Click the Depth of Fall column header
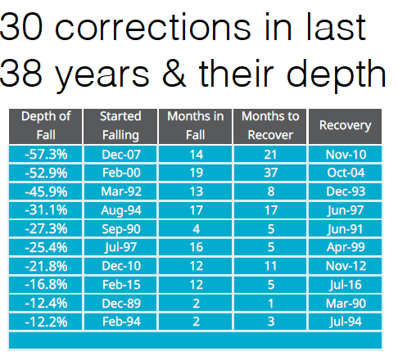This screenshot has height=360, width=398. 46,126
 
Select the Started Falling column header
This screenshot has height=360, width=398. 120,126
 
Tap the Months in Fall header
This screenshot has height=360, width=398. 196,126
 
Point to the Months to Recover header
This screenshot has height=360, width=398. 270,126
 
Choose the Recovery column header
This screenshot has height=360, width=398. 345,126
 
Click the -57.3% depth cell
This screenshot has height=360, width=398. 46,154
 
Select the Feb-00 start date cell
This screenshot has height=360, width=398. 120,173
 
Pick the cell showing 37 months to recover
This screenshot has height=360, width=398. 270,173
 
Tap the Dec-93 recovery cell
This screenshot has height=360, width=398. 345,191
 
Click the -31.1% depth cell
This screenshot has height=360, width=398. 46,210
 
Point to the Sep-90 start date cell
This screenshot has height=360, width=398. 120,228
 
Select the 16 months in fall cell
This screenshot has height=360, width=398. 196,247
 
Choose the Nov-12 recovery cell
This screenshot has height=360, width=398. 345,266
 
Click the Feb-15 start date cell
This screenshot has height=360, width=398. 120,285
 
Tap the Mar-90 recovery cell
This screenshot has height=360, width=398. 345,303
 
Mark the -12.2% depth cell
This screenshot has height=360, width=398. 46,322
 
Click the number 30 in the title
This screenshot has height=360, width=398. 21,27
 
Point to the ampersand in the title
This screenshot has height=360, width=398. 174,73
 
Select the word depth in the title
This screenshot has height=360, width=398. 337,76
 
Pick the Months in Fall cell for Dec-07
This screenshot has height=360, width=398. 196,154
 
